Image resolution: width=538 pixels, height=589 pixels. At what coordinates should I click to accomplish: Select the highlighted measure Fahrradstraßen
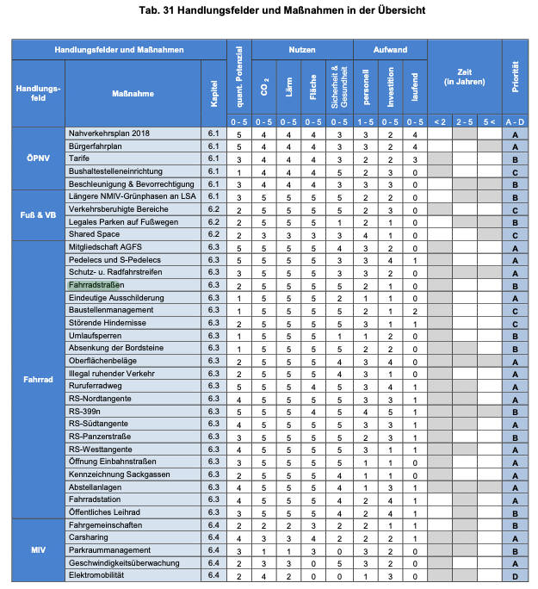[x=96, y=285]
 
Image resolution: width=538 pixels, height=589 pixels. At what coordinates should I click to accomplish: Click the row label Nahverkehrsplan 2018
[x=108, y=134]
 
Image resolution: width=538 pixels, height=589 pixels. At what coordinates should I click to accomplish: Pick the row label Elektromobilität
[x=96, y=575]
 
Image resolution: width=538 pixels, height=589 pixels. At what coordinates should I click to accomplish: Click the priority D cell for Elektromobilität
[x=515, y=575]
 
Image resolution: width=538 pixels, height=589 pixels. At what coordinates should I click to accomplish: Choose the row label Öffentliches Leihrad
[x=104, y=512]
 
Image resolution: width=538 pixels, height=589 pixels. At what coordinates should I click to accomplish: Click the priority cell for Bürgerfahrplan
[x=515, y=146]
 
